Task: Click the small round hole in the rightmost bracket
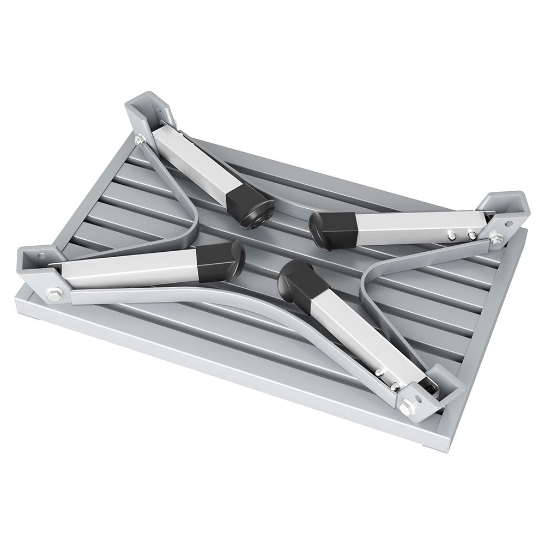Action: pos(508,223)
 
